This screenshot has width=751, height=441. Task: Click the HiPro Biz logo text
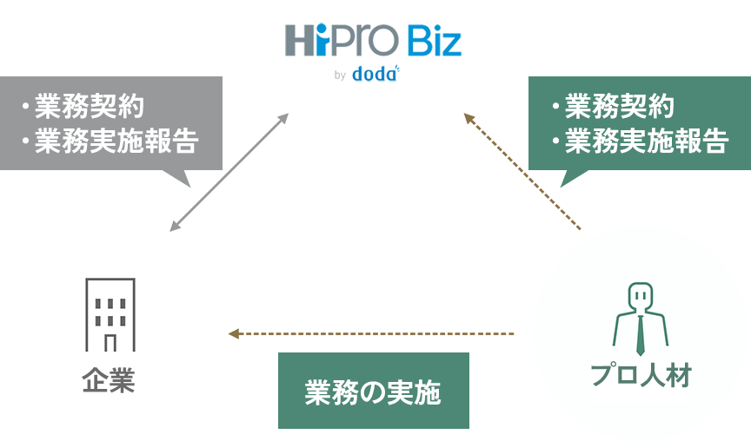point(373,42)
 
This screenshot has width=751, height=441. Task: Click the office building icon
point(110,316)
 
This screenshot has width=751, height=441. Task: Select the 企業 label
point(109,381)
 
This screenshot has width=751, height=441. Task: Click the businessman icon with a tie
point(641,318)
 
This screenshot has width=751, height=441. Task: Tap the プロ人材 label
point(641,375)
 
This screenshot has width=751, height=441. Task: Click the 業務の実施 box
point(373,391)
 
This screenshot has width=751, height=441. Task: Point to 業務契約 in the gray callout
point(84,108)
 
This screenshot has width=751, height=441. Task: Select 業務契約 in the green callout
point(614,108)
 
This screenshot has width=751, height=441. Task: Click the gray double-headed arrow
point(229,172)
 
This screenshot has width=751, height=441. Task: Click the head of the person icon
point(641,296)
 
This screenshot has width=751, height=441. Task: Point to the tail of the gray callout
point(178,176)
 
